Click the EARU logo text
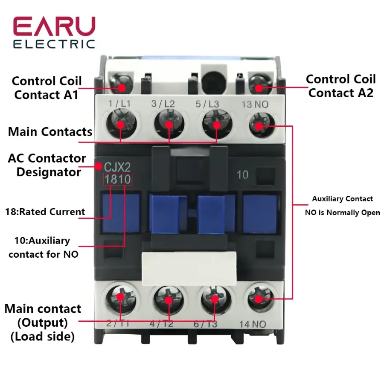pyautogui.click(x=54, y=27)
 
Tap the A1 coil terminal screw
pyautogui.click(x=122, y=85)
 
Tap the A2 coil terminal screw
pyautogui.click(x=259, y=85)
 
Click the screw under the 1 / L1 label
pyautogui.click(x=121, y=124)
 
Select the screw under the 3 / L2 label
pyautogui.click(x=169, y=124)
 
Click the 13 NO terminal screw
pyautogui.click(x=259, y=124)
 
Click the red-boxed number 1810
pyautogui.click(x=118, y=179)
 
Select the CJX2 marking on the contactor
pyautogui.click(x=113, y=166)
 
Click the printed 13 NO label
pyautogui.click(x=255, y=104)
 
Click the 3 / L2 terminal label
pyautogui.click(x=163, y=104)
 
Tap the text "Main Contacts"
pyautogui.click(x=50, y=131)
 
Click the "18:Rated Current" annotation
pyautogui.click(x=45, y=212)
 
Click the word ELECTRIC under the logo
pyautogui.click(x=54, y=44)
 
